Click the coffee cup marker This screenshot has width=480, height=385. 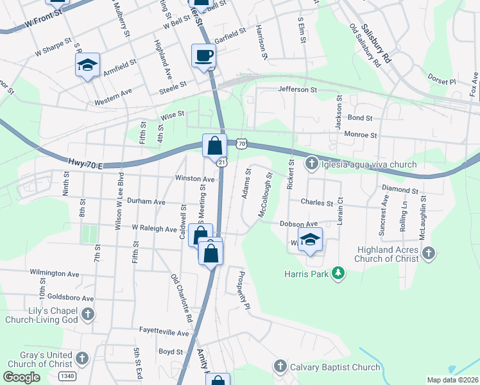[x=204, y=55]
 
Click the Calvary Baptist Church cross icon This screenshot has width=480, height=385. [x=280, y=367]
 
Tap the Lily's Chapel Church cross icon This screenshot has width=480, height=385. [x=89, y=314]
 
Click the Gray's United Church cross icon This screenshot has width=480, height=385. [x=81, y=358]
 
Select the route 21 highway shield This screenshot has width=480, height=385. [x=221, y=162]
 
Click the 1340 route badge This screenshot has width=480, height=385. [x=66, y=375]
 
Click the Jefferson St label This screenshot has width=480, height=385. [x=298, y=90]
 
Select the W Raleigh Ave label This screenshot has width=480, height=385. [x=154, y=228]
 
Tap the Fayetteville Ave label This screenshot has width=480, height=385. [x=165, y=333]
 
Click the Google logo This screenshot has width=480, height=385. [x=21, y=377]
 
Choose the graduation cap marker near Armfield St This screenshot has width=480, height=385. [x=87, y=65]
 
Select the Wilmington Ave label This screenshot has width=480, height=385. [x=55, y=273]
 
